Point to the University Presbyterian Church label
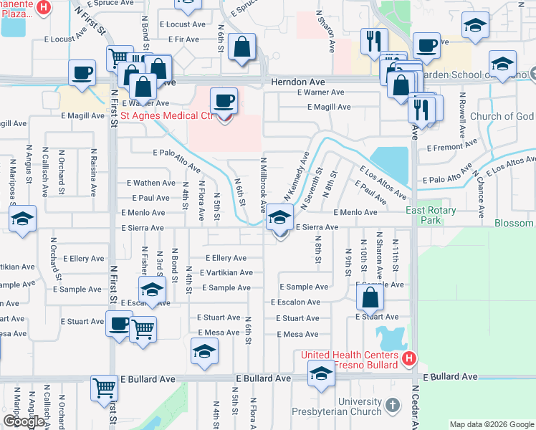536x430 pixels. click(340, 406)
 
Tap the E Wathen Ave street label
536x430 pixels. click(150, 183)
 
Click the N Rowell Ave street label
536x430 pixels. click(463, 116)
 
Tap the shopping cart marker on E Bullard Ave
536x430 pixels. click(104, 388)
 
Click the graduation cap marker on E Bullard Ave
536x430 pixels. click(320, 374)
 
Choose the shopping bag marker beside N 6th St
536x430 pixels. click(243, 47)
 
